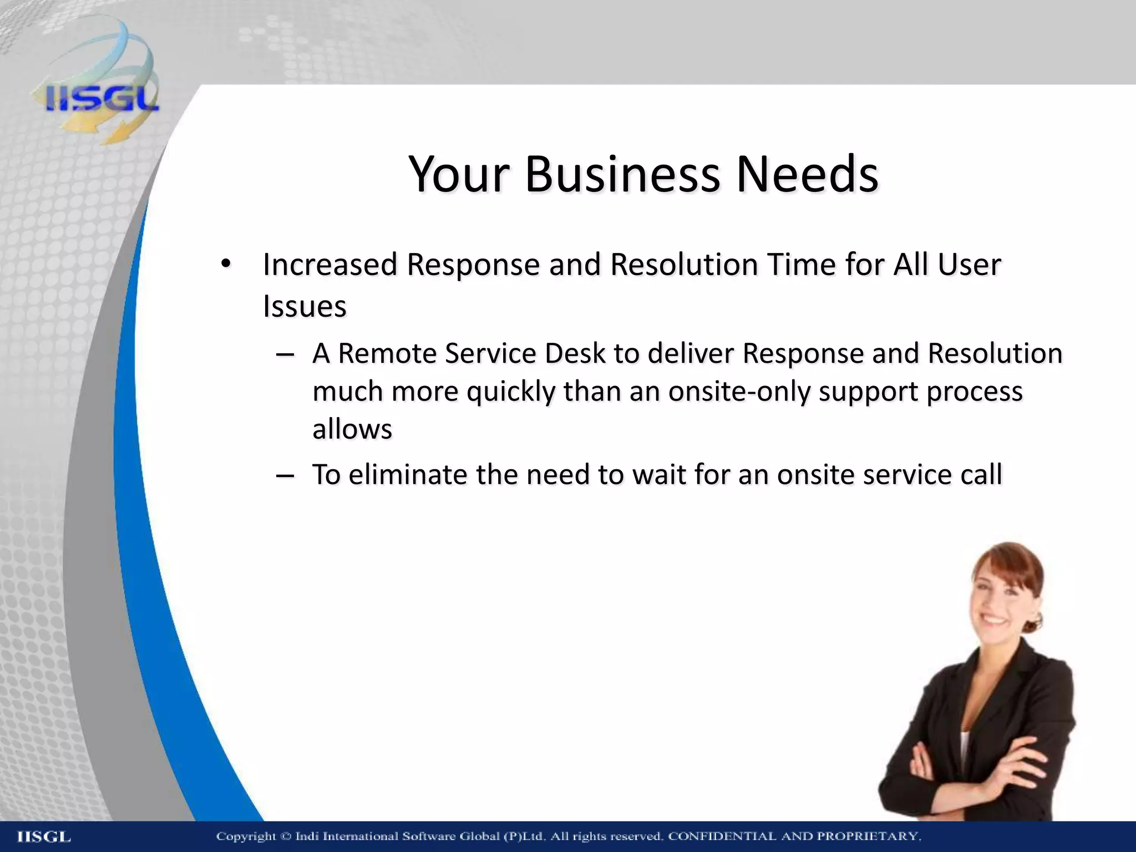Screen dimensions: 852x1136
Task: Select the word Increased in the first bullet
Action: click(330, 265)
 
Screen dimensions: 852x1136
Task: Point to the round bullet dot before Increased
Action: click(225, 265)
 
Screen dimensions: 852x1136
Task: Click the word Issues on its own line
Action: click(305, 307)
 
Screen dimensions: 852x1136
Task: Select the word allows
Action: click(352, 429)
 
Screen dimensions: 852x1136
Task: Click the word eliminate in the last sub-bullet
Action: click(407, 475)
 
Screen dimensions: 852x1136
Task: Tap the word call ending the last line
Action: click(981, 475)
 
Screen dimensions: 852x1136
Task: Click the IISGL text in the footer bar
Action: click(44, 837)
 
